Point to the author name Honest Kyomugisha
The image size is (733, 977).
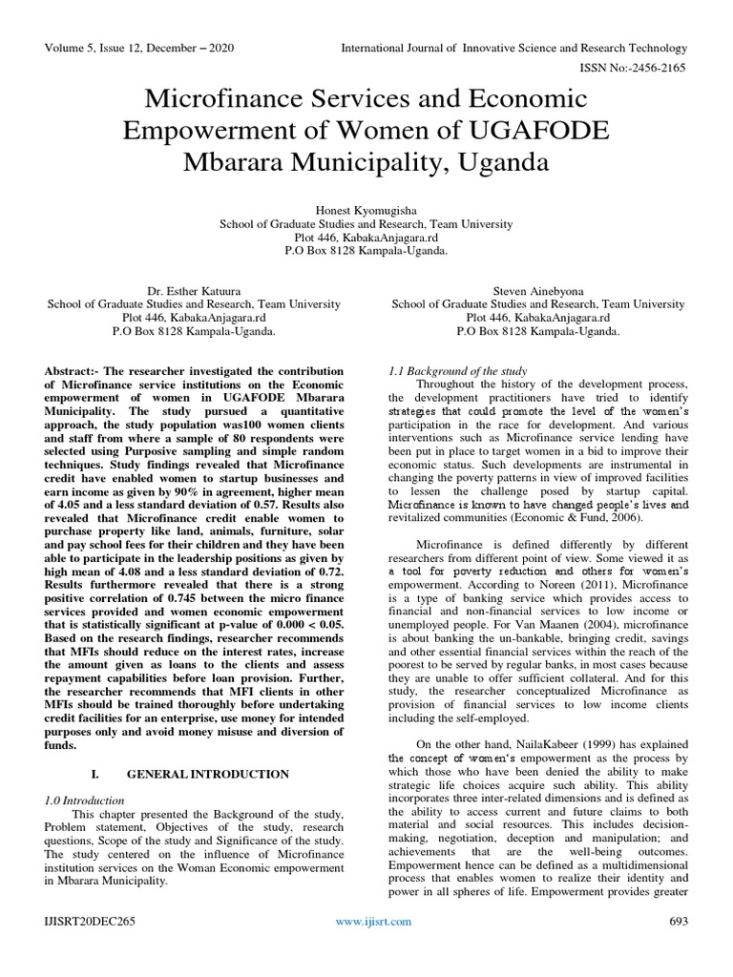click(366, 209)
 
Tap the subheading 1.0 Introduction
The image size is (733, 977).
click(86, 800)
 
